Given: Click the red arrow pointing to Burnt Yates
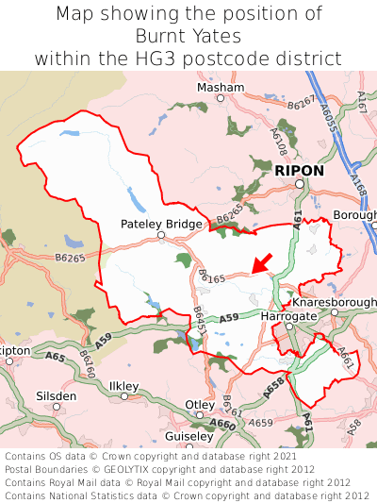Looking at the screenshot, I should (x=262, y=261).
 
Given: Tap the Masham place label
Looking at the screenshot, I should (x=220, y=87).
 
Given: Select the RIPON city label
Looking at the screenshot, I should (x=299, y=171).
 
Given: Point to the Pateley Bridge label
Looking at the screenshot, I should (x=161, y=224).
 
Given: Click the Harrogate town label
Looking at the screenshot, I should (x=287, y=315).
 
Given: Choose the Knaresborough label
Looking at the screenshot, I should (x=334, y=302).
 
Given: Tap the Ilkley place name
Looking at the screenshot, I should (x=124, y=386).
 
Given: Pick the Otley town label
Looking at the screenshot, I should (x=200, y=404).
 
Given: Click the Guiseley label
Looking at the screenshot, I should (x=188, y=437).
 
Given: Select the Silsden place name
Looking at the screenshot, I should (x=56, y=395).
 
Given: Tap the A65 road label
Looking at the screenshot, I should (x=56, y=358).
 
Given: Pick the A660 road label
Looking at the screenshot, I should (x=223, y=425).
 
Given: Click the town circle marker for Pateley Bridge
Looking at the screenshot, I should (x=161, y=236).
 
